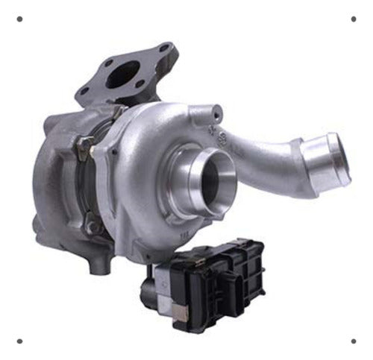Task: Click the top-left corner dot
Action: [19, 19]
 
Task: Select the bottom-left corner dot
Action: [19, 341]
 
